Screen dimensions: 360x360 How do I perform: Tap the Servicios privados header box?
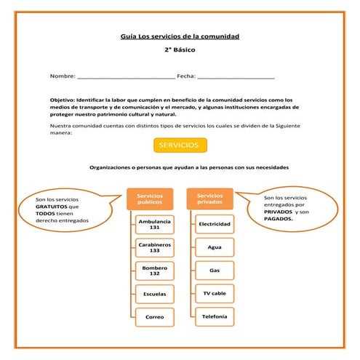[x=210, y=199]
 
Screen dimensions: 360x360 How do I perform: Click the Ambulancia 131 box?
[x=154, y=224]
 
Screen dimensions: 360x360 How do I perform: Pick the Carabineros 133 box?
[x=154, y=247]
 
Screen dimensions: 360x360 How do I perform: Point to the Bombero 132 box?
[x=154, y=271]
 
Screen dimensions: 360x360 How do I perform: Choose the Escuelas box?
[x=154, y=294]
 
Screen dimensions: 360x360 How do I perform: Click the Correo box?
[x=154, y=317]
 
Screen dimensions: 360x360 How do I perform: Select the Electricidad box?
[x=215, y=224]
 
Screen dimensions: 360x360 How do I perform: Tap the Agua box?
[x=215, y=247]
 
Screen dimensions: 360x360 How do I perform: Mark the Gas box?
[x=215, y=270]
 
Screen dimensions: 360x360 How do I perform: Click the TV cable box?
[x=215, y=293]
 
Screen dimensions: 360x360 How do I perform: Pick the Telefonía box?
[x=215, y=316]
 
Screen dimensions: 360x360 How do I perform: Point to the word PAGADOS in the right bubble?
[x=278, y=218]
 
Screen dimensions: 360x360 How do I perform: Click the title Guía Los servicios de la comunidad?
[x=180, y=36]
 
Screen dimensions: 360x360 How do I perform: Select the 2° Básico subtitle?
[x=180, y=50]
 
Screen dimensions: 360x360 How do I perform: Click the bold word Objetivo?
[x=63, y=100]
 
